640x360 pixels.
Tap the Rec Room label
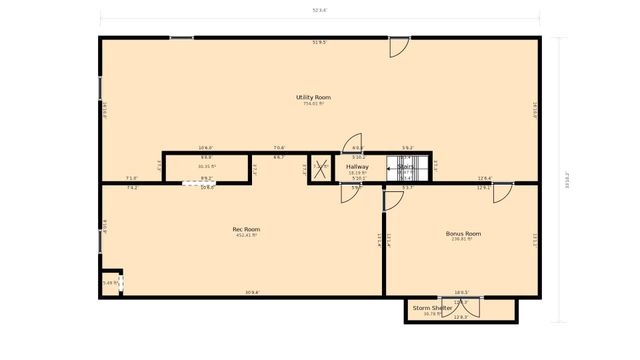click(246, 230)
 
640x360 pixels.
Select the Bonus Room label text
click(463, 233)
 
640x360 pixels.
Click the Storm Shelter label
click(433, 308)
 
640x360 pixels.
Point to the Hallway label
click(357, 167)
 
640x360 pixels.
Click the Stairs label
click(406, 167)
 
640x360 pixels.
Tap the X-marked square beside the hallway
click(320, 168)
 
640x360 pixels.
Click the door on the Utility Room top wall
click(398, 45)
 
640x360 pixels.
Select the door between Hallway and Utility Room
click(353, 143)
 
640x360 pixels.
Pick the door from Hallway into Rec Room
click(350, 191)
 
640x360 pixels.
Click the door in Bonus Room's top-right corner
click(501, 191)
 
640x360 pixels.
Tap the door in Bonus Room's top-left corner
click(393, 198)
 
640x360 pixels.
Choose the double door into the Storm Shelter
click(460, 306)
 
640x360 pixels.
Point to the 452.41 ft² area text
click(246, 236)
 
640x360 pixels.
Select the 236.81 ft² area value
click(463, 239)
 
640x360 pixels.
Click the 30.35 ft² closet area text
click(206, 167)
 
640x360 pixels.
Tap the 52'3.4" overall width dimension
click(320, 11)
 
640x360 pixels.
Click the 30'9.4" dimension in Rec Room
click(252, 293)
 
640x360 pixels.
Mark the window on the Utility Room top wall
click(181, 38)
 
